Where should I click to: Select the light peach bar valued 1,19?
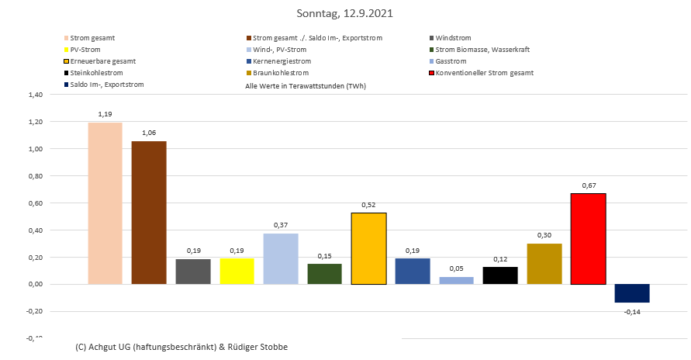click(105, 203)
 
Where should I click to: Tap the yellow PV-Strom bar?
click(237, 271)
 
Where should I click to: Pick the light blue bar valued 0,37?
click(281, 258)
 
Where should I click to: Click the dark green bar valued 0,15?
click(325, 274)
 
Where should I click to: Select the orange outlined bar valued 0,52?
click(369, 248)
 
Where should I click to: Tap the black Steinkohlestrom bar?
click(500, 275)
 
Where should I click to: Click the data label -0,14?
click(632, 311)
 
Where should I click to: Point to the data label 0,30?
click(544, 234)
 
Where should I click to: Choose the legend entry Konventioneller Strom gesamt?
click(485, 73)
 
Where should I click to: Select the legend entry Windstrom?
click(453, 38)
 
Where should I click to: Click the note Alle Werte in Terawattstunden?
click(306, 87)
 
